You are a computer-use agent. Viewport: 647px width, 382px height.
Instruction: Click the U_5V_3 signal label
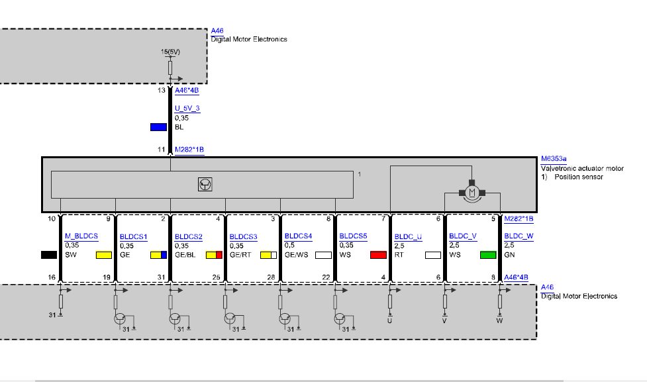tap(187, 109)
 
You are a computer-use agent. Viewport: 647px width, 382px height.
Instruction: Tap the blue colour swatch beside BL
tap(158, 127)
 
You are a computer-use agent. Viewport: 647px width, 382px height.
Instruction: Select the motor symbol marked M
tap(472, 192)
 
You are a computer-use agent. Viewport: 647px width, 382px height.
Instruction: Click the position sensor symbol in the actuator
tap(205, 185)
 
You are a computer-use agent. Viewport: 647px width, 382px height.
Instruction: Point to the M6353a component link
tap(554, 158)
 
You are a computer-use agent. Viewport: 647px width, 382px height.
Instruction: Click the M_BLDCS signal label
tap(81, 236)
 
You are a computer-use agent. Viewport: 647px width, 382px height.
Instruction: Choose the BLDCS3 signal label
tap(244, 237)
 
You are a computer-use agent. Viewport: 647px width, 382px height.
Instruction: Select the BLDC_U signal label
tap(408, 237)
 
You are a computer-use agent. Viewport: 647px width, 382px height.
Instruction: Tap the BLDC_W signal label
tap(519, 236)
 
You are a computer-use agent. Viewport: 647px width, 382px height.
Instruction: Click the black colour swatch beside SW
tap(49, 255)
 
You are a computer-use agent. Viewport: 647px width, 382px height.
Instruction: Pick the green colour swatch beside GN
tap(488, 255)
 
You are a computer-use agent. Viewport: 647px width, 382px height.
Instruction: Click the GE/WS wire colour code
tap(296, 255)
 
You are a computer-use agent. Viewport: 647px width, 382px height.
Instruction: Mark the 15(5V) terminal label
tap(170, 52)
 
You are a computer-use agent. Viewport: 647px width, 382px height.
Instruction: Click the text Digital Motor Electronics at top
tap(249, 39)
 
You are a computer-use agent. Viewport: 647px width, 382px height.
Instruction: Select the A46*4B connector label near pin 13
tap(187, 90)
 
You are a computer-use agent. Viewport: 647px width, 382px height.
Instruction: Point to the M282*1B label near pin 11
tap(189, 150)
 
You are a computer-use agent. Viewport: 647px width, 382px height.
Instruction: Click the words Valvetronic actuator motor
tap(582, 168)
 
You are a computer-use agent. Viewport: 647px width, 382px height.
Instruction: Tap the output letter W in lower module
tap(499, 320)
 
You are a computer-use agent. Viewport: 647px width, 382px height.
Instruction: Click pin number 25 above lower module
tap(216, 277)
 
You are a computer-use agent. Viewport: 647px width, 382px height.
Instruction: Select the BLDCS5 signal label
tap(353, 236)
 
